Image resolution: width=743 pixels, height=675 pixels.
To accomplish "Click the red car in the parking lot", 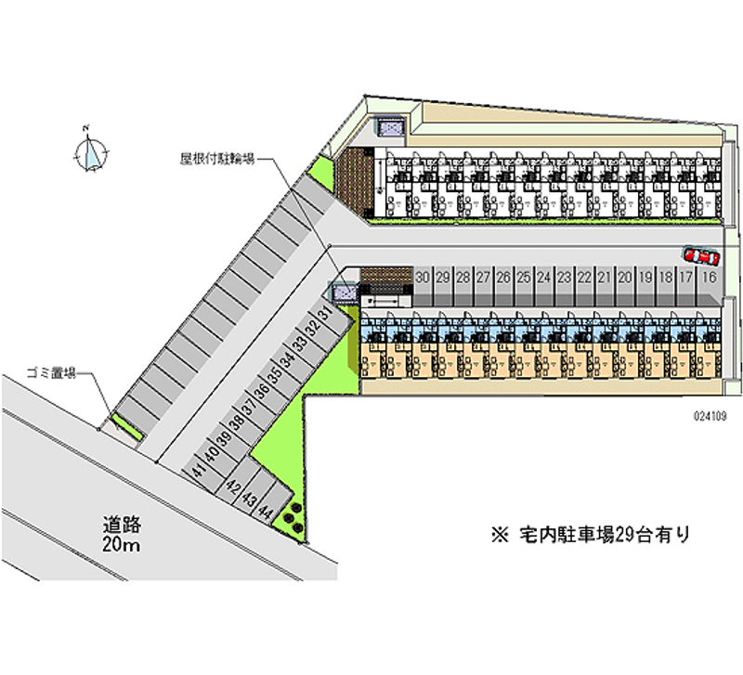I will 701,254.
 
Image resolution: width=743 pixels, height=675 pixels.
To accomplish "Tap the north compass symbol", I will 92,151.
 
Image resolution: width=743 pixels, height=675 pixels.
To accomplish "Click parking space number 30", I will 423,278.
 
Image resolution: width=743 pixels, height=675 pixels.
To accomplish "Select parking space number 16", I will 710,278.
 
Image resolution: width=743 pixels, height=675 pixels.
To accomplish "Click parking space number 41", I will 198,471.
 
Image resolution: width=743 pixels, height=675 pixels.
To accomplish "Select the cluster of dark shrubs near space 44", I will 292,515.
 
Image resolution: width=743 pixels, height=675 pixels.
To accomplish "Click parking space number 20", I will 626,278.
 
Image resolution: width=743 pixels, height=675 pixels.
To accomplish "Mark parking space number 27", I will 484,278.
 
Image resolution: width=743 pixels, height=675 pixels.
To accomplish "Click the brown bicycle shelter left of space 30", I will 385,276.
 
